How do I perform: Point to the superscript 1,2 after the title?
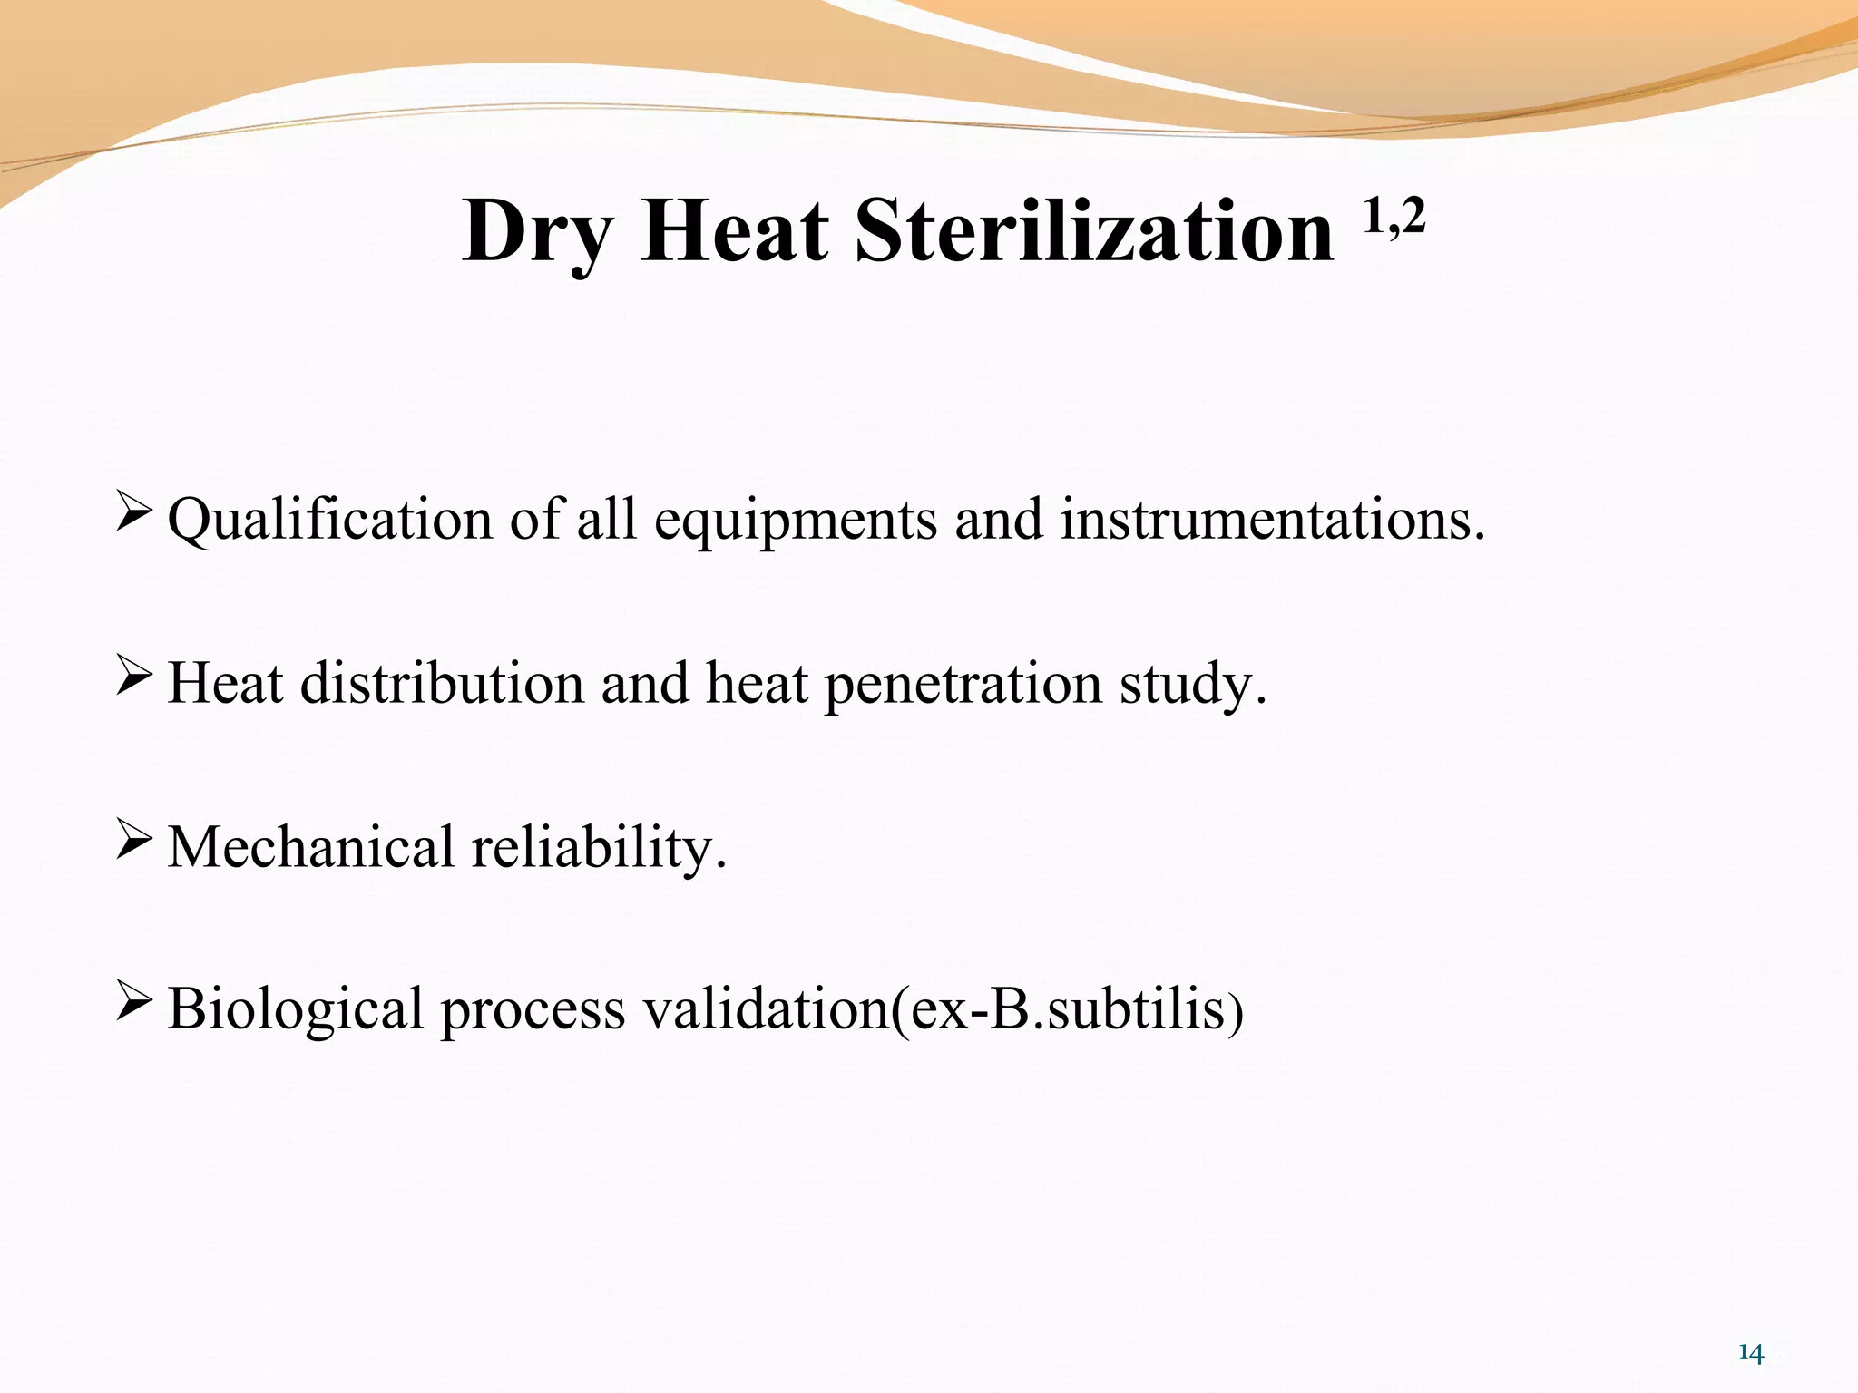coord(1393,217)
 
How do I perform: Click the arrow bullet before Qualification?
coord(133,513)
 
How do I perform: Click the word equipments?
coord(796,521)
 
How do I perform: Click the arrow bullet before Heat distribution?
coord(133,677)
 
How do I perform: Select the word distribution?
coord(442,683)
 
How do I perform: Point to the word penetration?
coord(963,683)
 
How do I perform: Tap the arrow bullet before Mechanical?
coord(133,841)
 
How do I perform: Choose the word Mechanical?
coord(311,847)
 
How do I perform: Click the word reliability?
coord(598,847)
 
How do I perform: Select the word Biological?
coord(295,1008)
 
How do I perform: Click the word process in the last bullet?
coord(533,1010)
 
